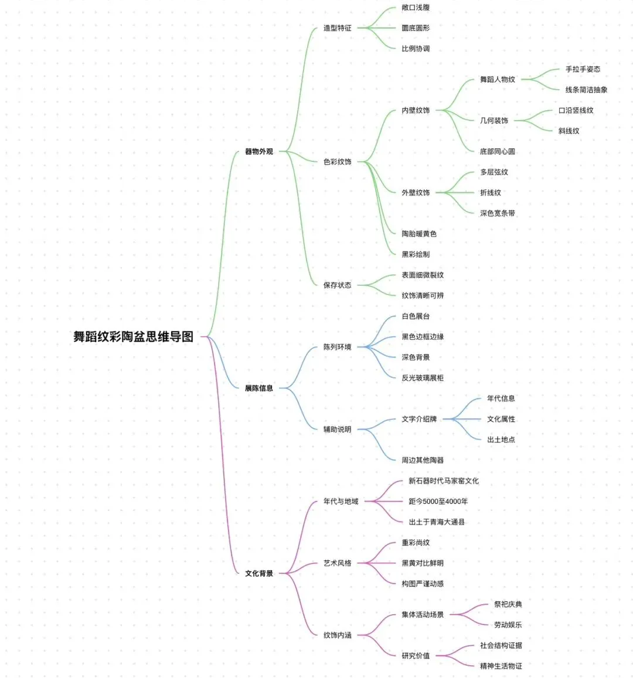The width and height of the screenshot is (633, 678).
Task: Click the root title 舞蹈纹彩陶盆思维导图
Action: pyautogui.click(x=133, y=336)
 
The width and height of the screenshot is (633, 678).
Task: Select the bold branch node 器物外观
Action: pyautogui.click(x=259, y=151)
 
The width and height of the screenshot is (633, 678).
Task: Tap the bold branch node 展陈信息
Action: pyautogui.click(x=259, y=388)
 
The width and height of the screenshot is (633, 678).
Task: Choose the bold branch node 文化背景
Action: pyautogui.click(x=259, y=573)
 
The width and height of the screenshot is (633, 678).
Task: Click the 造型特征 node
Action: pyautogui.click(x=337, y=28)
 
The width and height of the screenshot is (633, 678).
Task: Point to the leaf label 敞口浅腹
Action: pyautogui.click(x=416, y=8)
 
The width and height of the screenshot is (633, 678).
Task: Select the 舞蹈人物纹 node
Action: pyautogui.click(x=497, y=80)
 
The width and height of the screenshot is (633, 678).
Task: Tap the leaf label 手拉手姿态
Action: pyautogui.click(x=583, y=69)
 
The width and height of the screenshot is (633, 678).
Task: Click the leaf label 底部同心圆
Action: pyautogui.click(x=497, y=151)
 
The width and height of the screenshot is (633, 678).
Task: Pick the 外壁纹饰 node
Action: pyautogui.click(x=416, y=192)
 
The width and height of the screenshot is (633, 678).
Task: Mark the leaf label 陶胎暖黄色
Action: pyautogui.click(x=419, y=233)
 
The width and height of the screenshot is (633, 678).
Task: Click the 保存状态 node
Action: pyautogui.click(x=337, y=285)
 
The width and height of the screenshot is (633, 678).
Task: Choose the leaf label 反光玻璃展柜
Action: pyautogui.click(x=423, y=377)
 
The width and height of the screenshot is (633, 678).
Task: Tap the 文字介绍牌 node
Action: pyautogui.click(x=419, y=419)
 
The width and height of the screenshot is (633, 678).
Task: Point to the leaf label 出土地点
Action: pyautogui.click(x=501, y=439)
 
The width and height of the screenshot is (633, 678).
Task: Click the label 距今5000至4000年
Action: pyautogui.click(x=438, y=501)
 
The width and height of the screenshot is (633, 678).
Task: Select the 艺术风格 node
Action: pyautogui.click(x=337, y=563)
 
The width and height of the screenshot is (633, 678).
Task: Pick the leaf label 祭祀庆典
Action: pyautogui.click(x=508, y=604)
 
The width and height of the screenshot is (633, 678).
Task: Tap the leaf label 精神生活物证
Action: pyautogui.click(x=501, y=666)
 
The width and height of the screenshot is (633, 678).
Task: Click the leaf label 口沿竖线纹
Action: pyautogui.click(x=576, y=110)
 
